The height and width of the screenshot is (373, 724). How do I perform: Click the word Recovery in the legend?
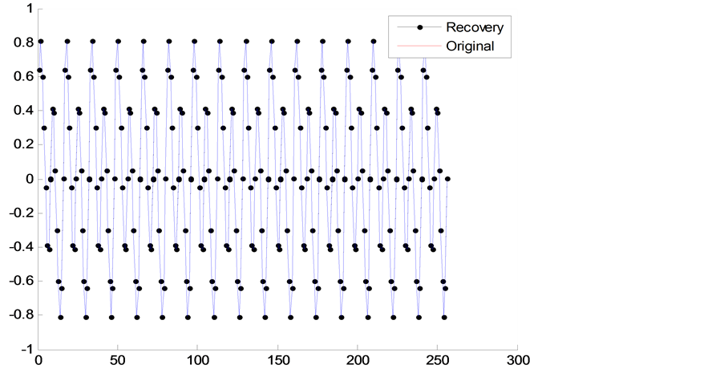(x=475, y=28)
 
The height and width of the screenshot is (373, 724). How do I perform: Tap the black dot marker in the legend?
(x=419, y=28)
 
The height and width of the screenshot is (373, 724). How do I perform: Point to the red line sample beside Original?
(x=419, y=47)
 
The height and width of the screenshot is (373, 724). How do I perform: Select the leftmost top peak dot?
(x=40, y=41)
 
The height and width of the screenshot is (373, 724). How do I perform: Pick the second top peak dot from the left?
(x=67, y=41)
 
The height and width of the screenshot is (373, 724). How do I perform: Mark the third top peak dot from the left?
(x=93, y=41)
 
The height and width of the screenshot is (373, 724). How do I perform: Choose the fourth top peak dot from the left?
(x=119, y=41)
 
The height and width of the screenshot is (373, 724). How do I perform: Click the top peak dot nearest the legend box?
(x=374, y=41)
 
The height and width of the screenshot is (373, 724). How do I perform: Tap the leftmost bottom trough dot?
(x=60, y=317)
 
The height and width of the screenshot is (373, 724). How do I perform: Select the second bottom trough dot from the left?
(x=86, y=317)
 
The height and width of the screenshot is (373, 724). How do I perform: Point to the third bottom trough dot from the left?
(x=111, y=317)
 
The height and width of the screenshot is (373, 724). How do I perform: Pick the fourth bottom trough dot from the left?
(x=137, y=317)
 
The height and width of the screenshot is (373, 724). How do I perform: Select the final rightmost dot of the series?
(x=448, y=179)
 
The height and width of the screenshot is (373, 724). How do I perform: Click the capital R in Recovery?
(x=451, y=28)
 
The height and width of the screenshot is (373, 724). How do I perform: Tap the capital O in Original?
(x=452, y=47)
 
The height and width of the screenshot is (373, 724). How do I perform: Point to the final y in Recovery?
(x=500, y=30)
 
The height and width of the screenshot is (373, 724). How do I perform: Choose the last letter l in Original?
(x=491, y=47)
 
